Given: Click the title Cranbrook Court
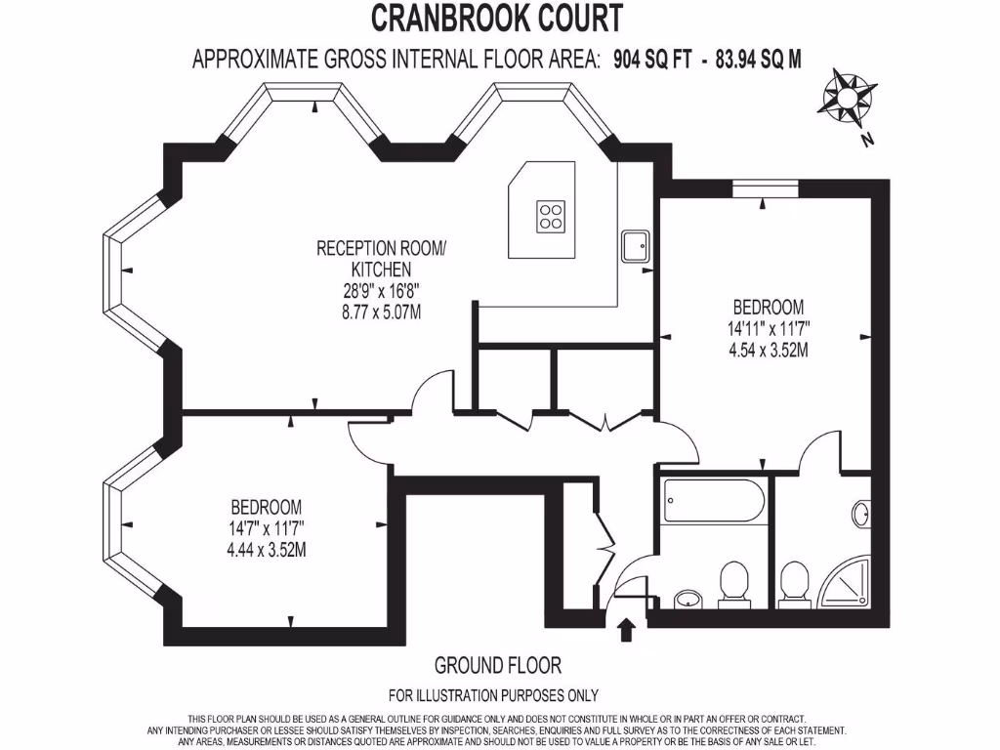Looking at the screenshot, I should click(x=497, y=19).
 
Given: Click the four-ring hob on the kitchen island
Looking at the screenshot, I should click(x=551, y=215).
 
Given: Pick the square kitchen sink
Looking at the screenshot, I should click(x=636, y=245).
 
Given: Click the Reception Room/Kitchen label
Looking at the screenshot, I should click(x=381, y=258).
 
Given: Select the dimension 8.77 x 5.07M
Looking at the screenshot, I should click(x=381, y=312).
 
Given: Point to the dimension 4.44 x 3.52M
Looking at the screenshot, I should click(x=266, y=548).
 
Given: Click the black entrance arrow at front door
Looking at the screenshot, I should click(x=626, y=628).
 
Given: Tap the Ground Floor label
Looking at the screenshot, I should click(x=497, y=666).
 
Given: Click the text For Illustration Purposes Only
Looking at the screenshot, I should click(x=493, y=696).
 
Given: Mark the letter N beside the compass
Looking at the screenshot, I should click(x=866, y=140).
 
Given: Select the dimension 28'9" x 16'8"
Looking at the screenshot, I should click(x=381, y=290).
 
